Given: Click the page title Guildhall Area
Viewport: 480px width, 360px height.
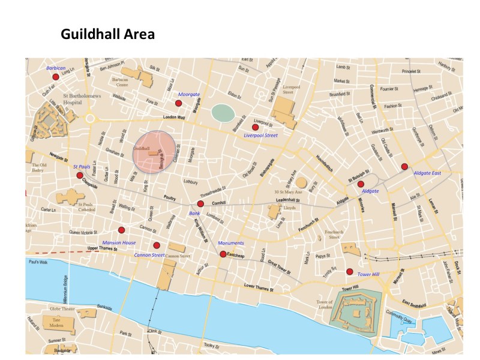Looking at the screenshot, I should pos(107,34).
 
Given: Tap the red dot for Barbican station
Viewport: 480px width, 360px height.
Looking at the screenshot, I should pos(56,77).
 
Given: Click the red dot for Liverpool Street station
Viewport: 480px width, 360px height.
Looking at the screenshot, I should pos(255,127).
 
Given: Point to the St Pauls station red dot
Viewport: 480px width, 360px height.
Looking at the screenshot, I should pos(80,175).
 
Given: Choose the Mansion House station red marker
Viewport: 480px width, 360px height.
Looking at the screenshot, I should pos(121,230).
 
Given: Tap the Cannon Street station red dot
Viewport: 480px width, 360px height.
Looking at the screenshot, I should pos(157,245).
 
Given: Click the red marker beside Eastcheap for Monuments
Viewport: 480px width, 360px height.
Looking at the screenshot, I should pos(223,254).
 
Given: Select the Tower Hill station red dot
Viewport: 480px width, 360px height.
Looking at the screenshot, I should pos(349,271).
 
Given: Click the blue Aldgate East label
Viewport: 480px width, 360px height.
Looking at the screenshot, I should pos(427,173).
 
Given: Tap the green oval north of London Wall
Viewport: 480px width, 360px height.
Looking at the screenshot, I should pos(223,112).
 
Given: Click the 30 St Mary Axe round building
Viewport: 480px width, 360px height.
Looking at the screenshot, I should pos(301,182).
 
